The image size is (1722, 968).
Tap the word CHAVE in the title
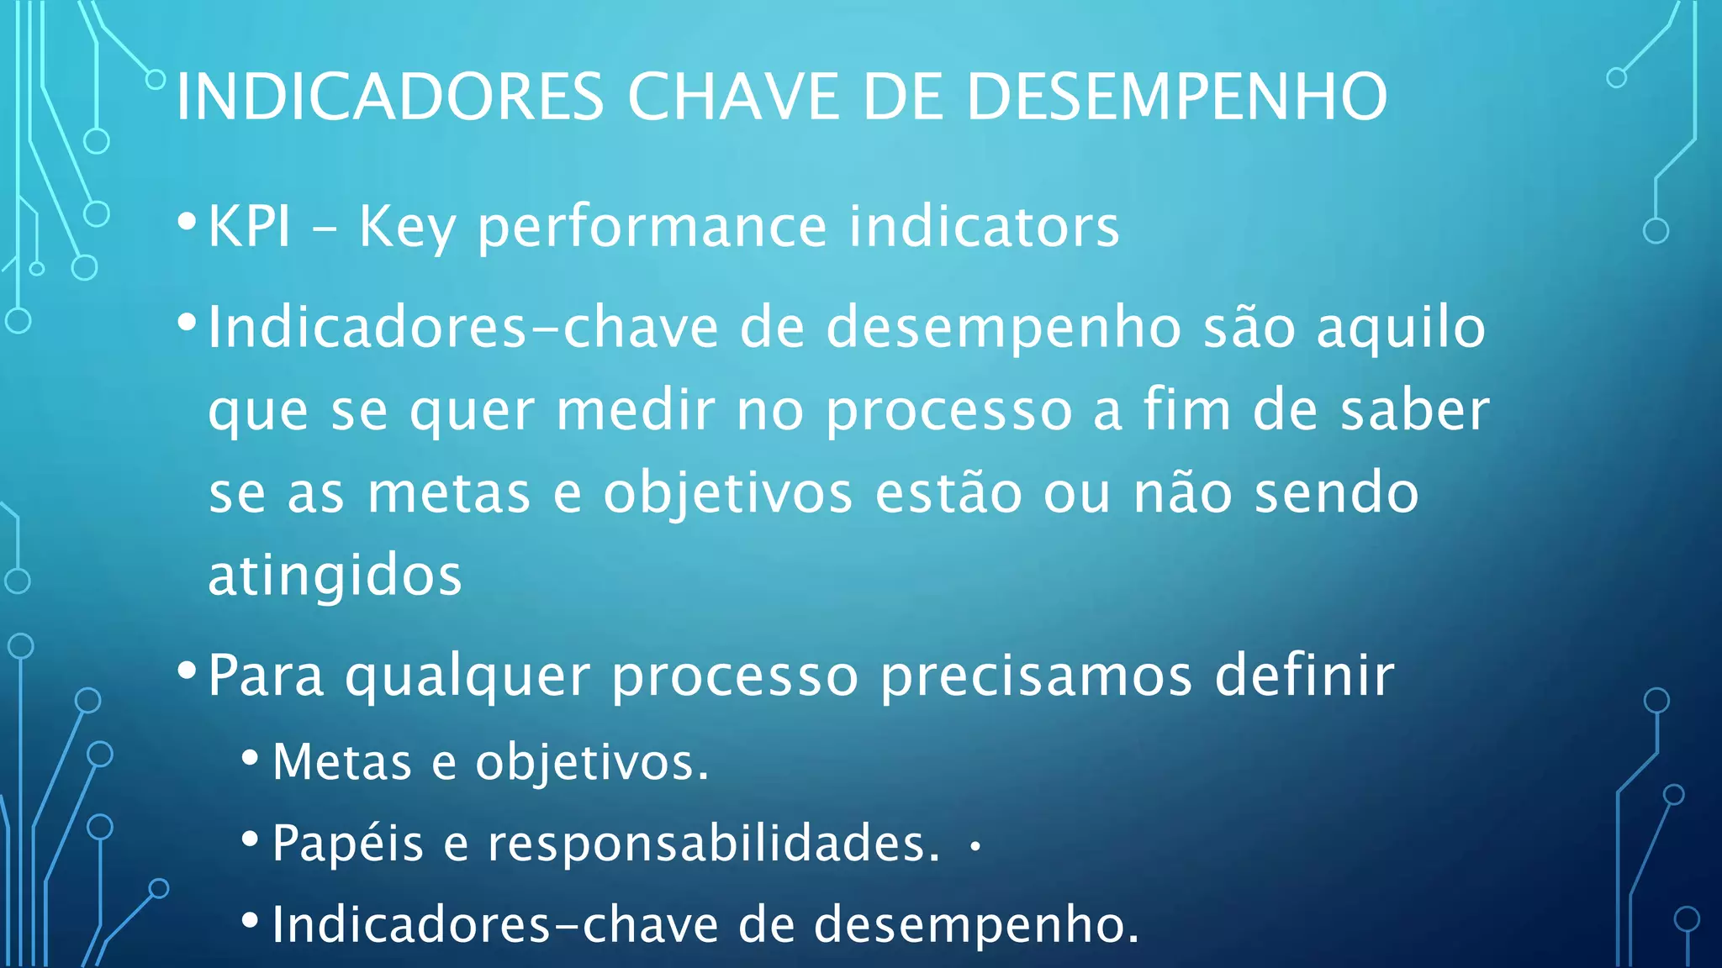pos(733,97)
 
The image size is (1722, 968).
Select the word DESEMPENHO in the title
pos(1176,97)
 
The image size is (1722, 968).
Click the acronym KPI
pos(249,227)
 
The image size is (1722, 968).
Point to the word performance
pos(652,229)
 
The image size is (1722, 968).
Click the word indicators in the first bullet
pos(984,227)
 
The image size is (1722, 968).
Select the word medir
pos(636,411)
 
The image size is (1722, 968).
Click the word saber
pos(1414,411)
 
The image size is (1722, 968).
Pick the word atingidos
pos(335,576)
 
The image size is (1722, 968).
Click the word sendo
pos(1337,493)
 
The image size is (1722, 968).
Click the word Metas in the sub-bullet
pos(342,762)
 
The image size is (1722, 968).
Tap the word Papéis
pos(347,844)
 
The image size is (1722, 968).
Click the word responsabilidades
pos(714,844)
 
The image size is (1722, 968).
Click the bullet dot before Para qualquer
pos(188,671)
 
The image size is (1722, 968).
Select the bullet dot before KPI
pos(188,222)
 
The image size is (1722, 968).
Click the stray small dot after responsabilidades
pos(975,847)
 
